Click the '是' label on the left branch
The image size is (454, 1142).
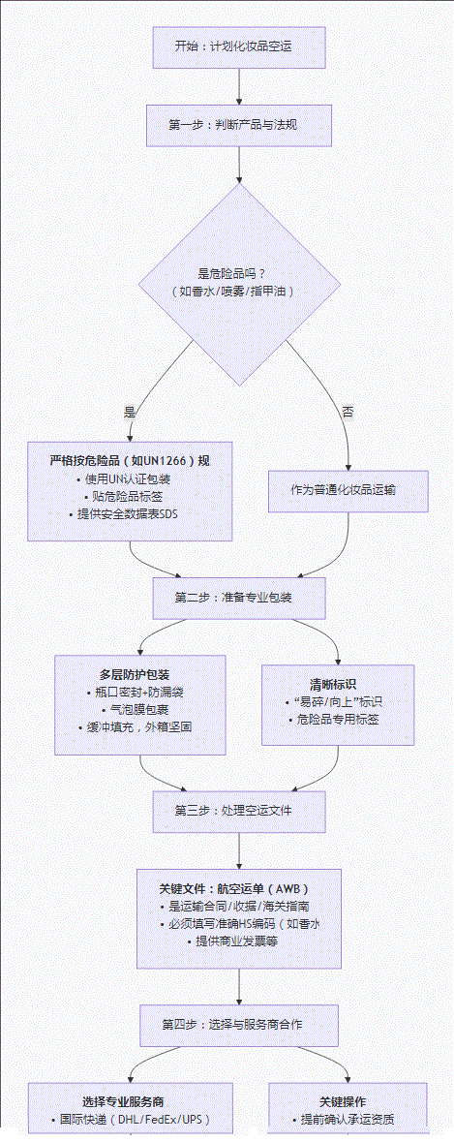[130, 412]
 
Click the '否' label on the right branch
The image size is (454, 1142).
[348, 412]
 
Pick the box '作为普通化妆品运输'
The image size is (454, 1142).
[348, 490]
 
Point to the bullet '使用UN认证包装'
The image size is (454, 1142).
[130, 478]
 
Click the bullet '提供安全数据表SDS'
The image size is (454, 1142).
[130, 513]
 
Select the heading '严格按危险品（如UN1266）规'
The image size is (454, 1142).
[130, 460]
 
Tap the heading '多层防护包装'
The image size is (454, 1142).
[141, 673]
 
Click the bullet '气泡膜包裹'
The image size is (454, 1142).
[141, 709]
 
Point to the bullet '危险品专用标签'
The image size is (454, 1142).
[337, 719]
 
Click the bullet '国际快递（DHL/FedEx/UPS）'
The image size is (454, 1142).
[130, 1120]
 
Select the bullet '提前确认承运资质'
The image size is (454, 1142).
[348, 1120]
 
